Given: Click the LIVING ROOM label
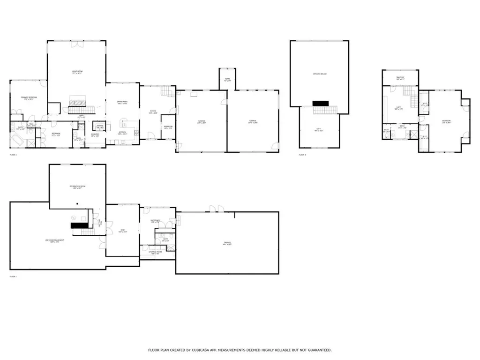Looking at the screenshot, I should pyautogui.click(x=77, y=71).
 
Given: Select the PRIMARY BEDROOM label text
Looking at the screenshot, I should pyautogui.click(x=29, y=97).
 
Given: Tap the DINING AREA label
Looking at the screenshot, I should pyautogui.click(x=116, y=101).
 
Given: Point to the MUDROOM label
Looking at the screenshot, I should pyautogui.click(x=168, y=127).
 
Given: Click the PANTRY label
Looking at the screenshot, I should pyautogui.click(x=100, y=126).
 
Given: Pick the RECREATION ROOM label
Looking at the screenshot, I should pyautogui.click(x=77, y=186).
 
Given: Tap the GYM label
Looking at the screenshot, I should pyautogui.click(x=122, y=229).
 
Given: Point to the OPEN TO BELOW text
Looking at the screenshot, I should pyautogui.click(x=320, y=74).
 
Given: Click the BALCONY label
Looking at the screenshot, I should pyautogui.click(x=400, y=77).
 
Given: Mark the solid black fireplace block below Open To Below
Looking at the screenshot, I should pyautogui.click(x=321, y=103).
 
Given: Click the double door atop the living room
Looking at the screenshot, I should pyautogui.click(x=75, y=45).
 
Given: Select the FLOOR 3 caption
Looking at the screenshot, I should pyautogui.click(x=302, y=155).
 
